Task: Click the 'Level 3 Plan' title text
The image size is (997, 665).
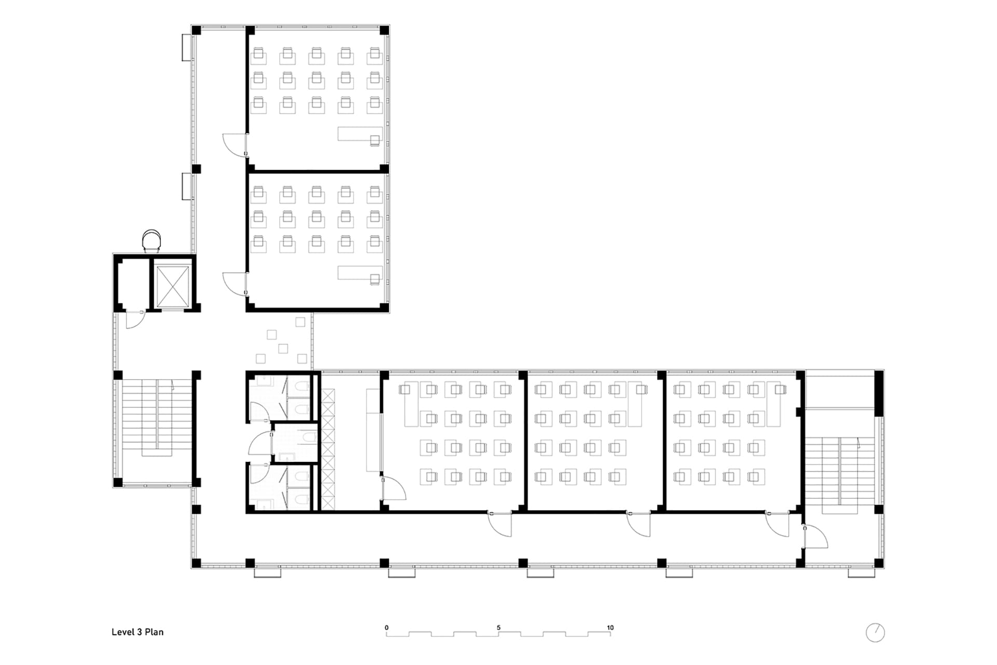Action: pos(138,632)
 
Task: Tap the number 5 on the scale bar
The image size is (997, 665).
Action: pos(498,628)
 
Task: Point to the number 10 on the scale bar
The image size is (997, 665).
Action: pos(610,628)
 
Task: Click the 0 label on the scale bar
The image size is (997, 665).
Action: pos(386,628)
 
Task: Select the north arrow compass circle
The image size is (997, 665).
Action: pos(875,633)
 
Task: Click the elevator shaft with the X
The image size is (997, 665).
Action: pos(173,287)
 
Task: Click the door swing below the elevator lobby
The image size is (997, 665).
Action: pos(134,320)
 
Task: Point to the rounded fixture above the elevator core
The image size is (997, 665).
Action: pos(152,240)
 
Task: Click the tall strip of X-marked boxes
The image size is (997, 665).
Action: pos(328,449)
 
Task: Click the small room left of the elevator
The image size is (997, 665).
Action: pos(132,284)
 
